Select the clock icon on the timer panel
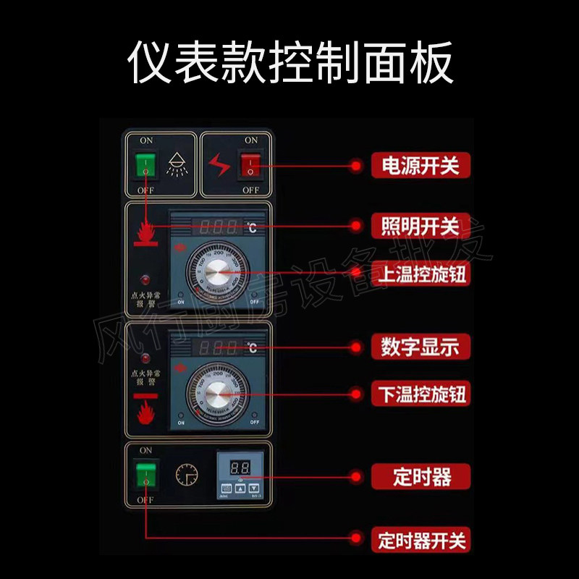coord(186,475)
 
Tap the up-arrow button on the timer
coord(240,489)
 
